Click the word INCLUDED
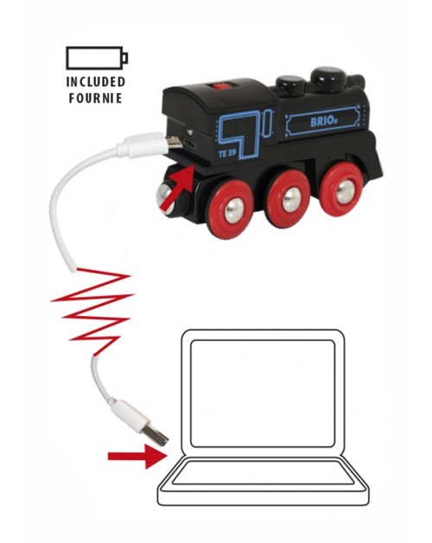tap(96, 82)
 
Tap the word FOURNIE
tap(96, 98)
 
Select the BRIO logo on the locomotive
tap(324, 122)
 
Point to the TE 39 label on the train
tap(227, 154)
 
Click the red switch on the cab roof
tap(223, 86)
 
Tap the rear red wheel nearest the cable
tap(230, 207)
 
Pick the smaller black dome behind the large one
tap(290, 85)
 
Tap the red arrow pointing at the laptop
tap(137, 457)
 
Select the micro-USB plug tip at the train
tap(174, 142)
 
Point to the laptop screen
tap(263, 394)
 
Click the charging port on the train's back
tap(190, 143)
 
